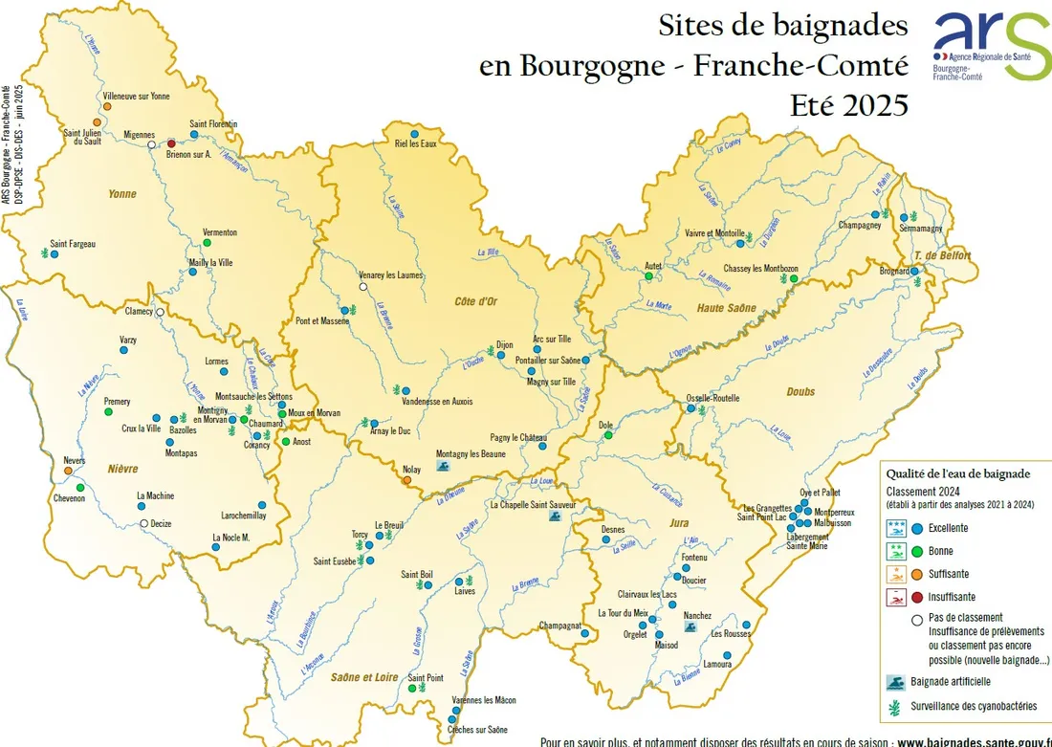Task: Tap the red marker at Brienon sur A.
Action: click(x=171, y=143)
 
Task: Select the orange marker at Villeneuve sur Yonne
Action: click(x=107, y=106)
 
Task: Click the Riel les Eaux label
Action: click(x=414, y=143)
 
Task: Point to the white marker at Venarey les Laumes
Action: click(x=362, y=287)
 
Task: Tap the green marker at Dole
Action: click(x=607, y=435)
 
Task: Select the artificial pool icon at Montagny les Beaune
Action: click(x=442, y=465)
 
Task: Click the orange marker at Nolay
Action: click(x=407, y=480)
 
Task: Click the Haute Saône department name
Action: click(x=728, y=308)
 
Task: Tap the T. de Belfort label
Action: click(x=942, y=255)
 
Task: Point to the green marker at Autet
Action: click(x=649, y=276)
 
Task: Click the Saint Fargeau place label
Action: click(x=73, y=244)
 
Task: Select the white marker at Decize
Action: click(x=143, y=523)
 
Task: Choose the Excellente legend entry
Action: click(x=948, y=528)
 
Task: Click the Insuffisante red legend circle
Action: click(x=916, y=596)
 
